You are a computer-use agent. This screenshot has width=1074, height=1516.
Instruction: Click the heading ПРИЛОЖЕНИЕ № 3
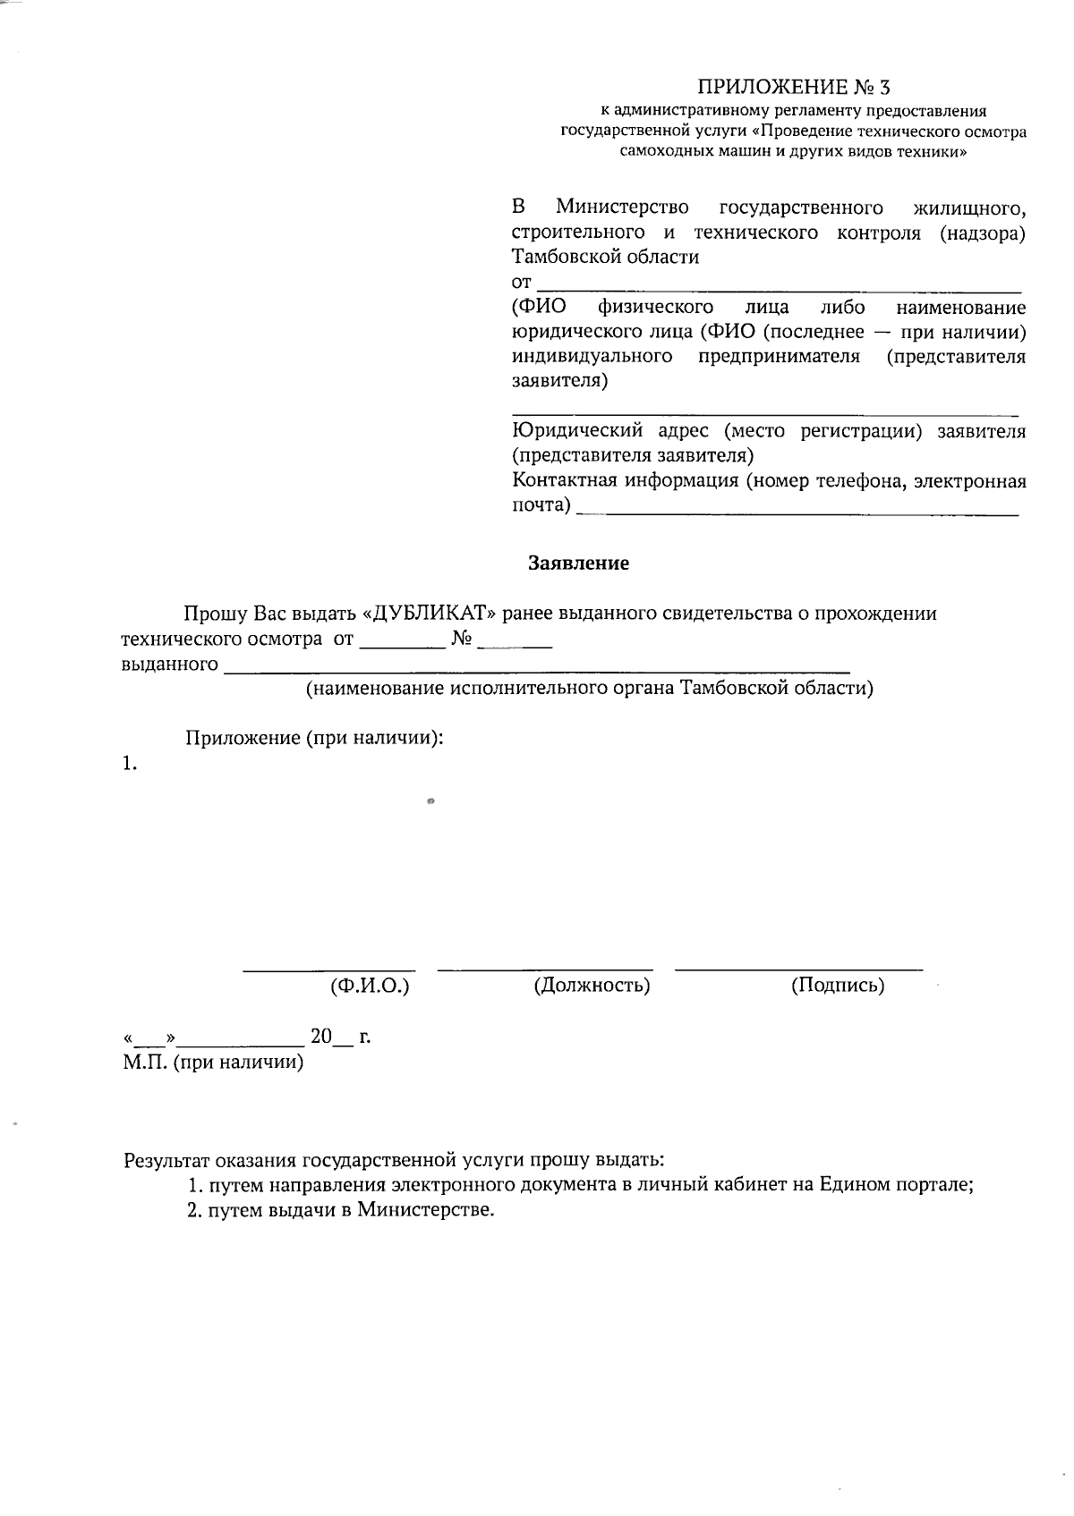(794, 87)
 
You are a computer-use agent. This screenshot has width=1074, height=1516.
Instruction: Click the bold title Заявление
(578, 563)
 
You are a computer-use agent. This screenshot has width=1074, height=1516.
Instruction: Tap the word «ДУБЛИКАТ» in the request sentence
(429, 614)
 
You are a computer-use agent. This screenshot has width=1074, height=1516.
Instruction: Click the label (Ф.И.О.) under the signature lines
(370, 986)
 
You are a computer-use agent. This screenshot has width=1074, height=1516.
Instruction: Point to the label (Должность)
(592, 986)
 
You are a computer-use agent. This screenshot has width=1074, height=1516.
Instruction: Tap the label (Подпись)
(838, 986)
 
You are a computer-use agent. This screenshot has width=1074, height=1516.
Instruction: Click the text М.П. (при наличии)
(213, 1063)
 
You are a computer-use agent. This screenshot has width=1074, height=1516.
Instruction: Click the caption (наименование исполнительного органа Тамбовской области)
(589, 688)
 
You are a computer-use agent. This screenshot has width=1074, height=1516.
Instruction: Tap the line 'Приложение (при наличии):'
(315, 738)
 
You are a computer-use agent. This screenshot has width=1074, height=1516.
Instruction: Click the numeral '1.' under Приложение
(130, 764)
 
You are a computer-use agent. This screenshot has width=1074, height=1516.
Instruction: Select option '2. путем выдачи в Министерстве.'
(341, 1210)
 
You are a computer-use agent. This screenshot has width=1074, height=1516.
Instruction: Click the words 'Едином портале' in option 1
(895, 1185)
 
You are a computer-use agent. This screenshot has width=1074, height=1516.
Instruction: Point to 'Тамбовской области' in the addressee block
(605, 258)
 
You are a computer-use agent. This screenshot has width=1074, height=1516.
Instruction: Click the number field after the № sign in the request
(516, 643)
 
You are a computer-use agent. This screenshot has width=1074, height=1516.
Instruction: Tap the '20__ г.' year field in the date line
(339, 1037)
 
